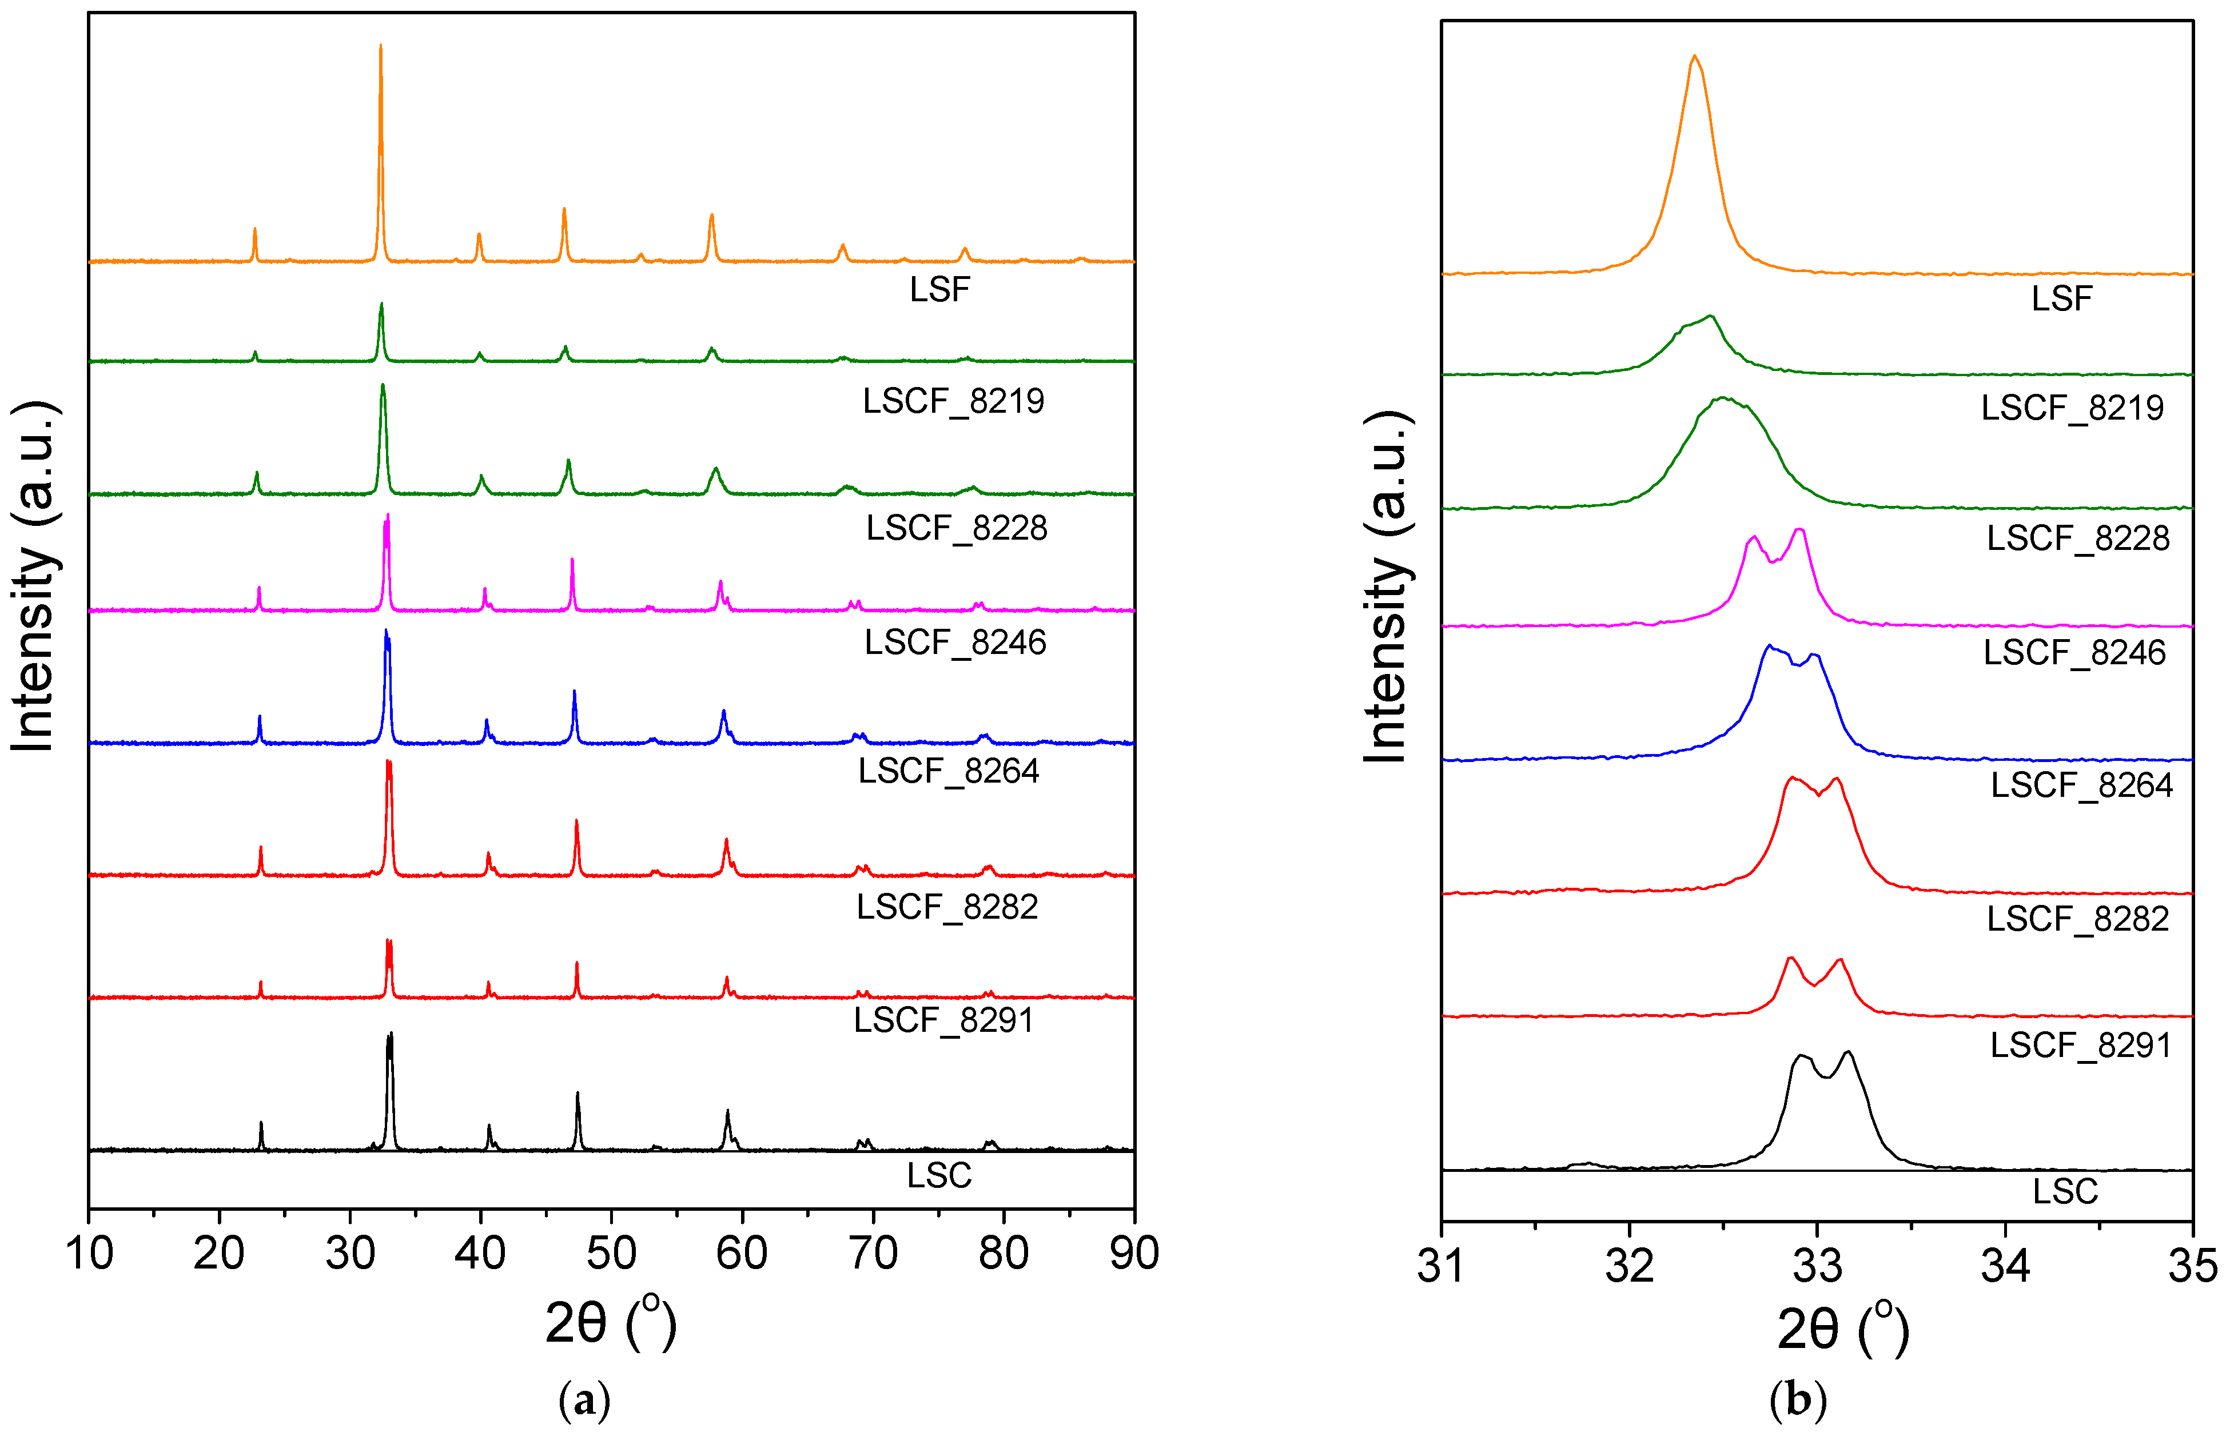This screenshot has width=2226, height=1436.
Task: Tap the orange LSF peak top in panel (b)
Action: [x=1694, y=58]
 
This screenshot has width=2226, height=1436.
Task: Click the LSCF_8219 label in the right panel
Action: [x=2072, y=408]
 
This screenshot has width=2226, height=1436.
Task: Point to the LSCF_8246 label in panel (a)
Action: [x=955, y=643]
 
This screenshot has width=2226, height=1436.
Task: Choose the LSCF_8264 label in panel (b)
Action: [x=2081, y=785]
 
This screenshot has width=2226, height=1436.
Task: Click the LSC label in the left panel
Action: [x=939, y=1176]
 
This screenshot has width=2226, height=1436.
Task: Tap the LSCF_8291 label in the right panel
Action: [x=2081, y=1046]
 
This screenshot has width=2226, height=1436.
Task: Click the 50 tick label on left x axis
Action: [x=611, y=1253]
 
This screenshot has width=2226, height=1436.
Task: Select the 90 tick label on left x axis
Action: [x=1134, y=1253]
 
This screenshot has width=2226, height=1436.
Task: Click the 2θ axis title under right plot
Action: [x=1842, y=1329]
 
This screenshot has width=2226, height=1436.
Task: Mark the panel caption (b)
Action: [x=1797, y=1401]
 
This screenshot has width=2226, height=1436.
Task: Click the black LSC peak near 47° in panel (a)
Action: [x=578, y=1095]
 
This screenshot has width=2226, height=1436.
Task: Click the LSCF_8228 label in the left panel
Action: [x=957, y=529]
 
